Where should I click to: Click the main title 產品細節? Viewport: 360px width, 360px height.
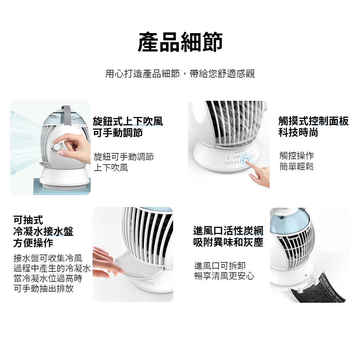180,42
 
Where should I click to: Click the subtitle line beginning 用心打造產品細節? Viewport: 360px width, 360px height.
180,73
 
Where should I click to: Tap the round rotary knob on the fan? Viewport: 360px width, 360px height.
57,147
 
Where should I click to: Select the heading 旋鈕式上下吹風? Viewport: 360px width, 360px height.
128,121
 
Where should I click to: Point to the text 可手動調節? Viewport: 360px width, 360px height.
118,133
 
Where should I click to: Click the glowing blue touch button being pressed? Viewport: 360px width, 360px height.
246,160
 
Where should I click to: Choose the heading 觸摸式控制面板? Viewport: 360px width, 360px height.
314,121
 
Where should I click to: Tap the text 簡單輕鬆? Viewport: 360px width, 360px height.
297,166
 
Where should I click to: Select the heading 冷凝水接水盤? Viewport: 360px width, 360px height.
44,231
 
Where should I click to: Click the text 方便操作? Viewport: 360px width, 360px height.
33,243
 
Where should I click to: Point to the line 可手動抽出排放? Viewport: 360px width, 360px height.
44,288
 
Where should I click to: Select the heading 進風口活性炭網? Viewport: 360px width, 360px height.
228,231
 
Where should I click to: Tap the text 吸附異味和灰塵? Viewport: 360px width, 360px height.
228,242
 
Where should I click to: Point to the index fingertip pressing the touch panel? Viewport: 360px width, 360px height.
247,161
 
